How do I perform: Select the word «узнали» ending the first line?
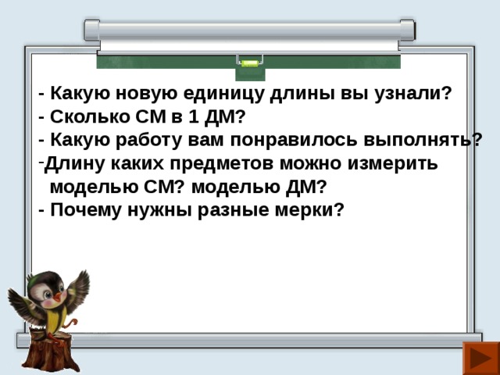415,95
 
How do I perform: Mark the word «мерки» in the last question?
308,210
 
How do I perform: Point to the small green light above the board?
249,62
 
